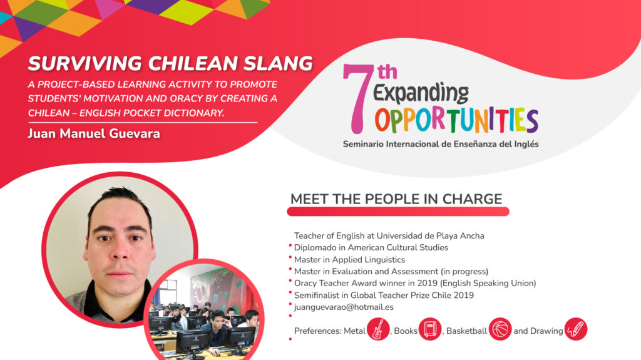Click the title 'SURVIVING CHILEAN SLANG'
[170, 64]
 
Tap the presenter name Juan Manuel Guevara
[94, 134]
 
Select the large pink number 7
[357, 99]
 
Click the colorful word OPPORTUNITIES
[456, 120]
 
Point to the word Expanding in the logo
[421, 93]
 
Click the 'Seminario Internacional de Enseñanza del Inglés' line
[441, 144]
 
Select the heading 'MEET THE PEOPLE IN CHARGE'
[396, 199]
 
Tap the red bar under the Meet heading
[397, 212]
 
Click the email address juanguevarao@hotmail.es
[344, 307]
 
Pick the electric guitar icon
[378, 329]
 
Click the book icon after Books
[430, 329]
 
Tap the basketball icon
[500, 329]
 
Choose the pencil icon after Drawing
[576, 329]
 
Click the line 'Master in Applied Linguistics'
[349, 260]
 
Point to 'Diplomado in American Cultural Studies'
[371, 247]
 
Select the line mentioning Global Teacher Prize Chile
[384, 296]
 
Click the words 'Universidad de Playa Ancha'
[431, 236]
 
